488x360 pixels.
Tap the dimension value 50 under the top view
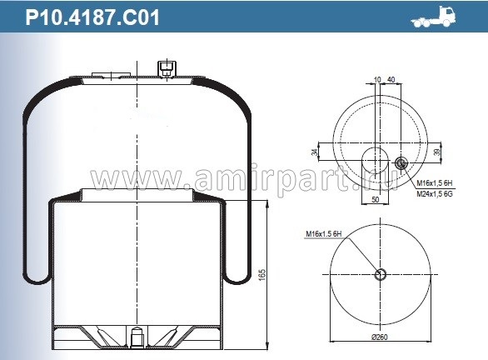coord(375,200)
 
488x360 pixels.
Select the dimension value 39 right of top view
coord(439,152)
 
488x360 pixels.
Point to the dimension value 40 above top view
coord(391,80)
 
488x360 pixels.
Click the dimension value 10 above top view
coord(377,80)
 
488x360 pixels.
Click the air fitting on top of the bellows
coord(167,67)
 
